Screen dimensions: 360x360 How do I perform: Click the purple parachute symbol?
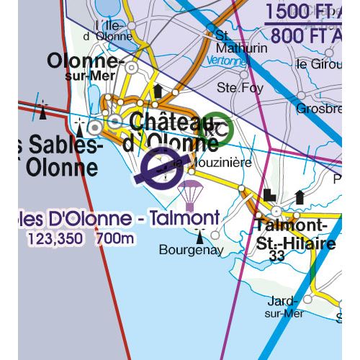tap(191, 194)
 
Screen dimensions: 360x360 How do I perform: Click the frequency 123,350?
tap(55, 237)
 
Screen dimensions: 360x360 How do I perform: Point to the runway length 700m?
tap(114, 237)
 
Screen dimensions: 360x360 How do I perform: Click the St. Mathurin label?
tap(232, 42)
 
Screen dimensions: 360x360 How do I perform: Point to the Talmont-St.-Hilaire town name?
tap(295, 235)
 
